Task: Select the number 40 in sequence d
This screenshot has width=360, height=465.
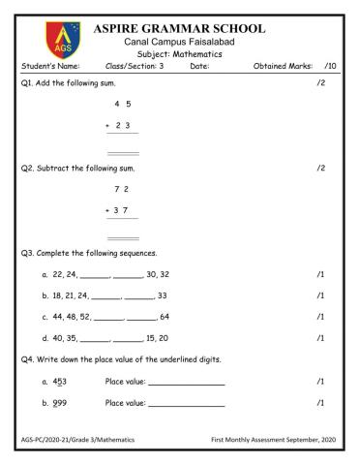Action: [59, 338]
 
